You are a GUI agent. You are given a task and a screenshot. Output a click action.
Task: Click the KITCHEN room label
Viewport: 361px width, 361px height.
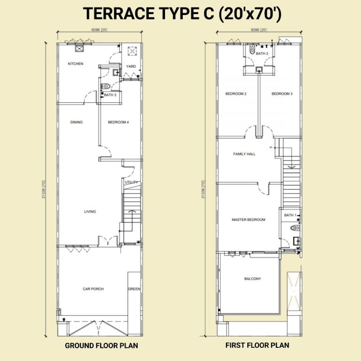(75, 63)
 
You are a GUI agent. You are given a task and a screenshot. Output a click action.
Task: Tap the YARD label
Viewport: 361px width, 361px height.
(131, 66)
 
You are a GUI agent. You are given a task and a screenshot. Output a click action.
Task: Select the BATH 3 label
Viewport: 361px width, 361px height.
(110, 95)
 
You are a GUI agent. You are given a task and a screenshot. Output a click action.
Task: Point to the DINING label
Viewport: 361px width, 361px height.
(77, 122)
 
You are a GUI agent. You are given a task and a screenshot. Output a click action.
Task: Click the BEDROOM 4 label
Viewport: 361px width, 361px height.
(118, 122)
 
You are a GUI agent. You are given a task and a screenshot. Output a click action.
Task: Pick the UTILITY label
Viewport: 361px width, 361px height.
(131, 182)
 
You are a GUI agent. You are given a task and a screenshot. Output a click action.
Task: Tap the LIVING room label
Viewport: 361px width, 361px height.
(90, 212)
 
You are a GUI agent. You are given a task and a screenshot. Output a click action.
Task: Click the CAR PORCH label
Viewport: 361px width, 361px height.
(93, 289)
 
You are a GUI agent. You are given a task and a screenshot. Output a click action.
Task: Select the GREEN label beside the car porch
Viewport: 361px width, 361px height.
(134, 289)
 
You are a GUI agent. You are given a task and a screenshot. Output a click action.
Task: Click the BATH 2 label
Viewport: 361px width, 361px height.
(262, 54)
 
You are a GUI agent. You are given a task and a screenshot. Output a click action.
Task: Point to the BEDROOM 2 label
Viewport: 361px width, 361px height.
(236, 94)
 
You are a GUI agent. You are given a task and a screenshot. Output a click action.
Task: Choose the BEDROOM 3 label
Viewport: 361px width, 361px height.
(282, 94)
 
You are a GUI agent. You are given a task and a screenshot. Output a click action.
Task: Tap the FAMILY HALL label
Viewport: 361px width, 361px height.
(244, 154)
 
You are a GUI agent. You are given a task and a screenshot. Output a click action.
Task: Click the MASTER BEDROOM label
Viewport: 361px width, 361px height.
(248, 220)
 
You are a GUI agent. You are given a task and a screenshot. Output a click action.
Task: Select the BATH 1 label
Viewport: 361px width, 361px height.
(290, 215)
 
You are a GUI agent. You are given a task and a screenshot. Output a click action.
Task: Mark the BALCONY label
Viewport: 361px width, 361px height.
(252, 279)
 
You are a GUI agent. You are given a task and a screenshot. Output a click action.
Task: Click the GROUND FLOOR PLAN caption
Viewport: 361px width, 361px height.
(101, 345)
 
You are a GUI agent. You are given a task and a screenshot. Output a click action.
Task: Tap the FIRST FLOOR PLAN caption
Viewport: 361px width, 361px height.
(257, 345)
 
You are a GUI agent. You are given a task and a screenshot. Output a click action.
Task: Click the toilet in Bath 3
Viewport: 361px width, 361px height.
(107, 86)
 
